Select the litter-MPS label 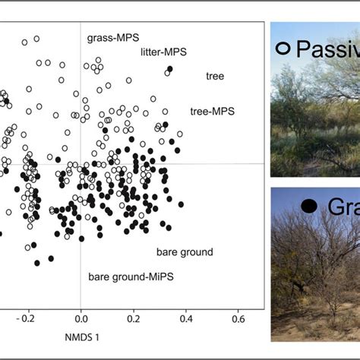coord(163,52)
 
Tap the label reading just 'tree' coord(214,76)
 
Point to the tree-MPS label coord(212,111)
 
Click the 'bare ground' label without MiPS coord(185,252)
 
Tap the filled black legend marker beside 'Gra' coord(309,206)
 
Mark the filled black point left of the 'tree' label coord(170,69)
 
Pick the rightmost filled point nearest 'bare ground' coord(181,204)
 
